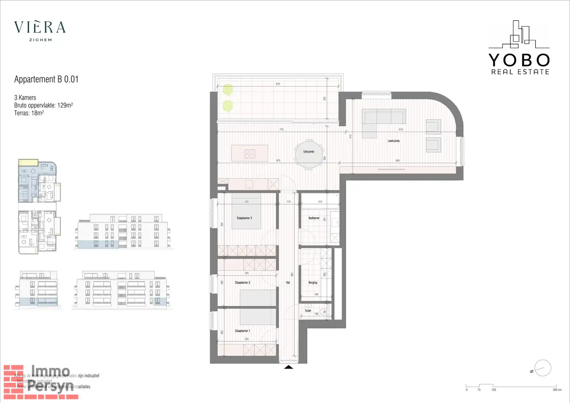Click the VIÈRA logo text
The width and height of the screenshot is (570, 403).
(x=40, y=27)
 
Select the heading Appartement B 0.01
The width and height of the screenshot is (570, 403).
(x=46, y=79)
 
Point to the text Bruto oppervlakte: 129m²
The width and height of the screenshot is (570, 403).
(x=43, y=105)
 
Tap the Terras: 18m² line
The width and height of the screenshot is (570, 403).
(x=29, y=113)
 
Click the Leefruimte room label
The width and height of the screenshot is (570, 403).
(x=393, y=141)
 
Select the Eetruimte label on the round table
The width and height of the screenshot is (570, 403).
(x=309, y=152)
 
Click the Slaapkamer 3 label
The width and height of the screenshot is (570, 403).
(x=244, y=218)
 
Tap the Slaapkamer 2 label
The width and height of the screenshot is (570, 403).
(x=242, y=282)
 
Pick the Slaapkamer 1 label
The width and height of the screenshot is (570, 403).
(x=242, y=331)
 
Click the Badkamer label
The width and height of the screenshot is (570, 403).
(x=314, y=218)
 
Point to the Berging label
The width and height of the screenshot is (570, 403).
(x=313, y=282)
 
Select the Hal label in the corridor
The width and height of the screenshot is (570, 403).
(x=288, y=282)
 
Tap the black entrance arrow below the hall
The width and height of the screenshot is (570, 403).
(x=288, y=367)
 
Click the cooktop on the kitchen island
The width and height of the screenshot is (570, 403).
(x=250, y=154)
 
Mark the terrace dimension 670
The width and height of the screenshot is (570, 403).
(x=278, y=84)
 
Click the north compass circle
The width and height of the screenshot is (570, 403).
(x=543, y=368)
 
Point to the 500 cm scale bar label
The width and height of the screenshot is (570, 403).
(x=557, y=390)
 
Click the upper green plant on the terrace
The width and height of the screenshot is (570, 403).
(x=228, y=89)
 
